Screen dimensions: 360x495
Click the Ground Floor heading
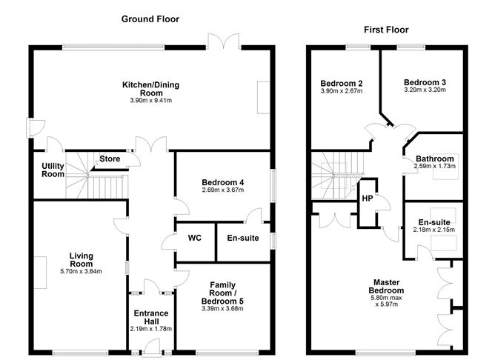pyautogui.click(x=150, y=19)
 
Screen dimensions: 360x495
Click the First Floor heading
pyautogui.click(x=385, y=30)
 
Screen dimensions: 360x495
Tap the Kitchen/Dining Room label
pyautogui.click(x=151, y=90)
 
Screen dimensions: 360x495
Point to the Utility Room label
pyautogui.click(x=52, y=170)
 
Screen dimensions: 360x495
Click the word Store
pyautogui.click(x=110, y=159)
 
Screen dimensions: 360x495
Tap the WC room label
pyautogui.click(x=195, y=238)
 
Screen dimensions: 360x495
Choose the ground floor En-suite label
pyautogui.click(x=243, y=238)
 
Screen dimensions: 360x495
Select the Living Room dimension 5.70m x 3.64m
pyautogui.click(x=81, y=272)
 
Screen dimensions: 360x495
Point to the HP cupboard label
pyautogui.click(x=368, y=199)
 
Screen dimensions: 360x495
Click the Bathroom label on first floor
pyautogui.click(x=434, y=159)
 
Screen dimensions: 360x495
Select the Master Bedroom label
pyautogui.click(x=388, y=286)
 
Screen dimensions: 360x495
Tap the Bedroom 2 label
pyautogui.click(x=341, y=82)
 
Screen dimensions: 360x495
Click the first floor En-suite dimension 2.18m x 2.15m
pyautogui.click(x=435, y=230)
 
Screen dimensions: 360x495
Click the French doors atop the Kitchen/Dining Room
pyautogui.click(x=222, y=41)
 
